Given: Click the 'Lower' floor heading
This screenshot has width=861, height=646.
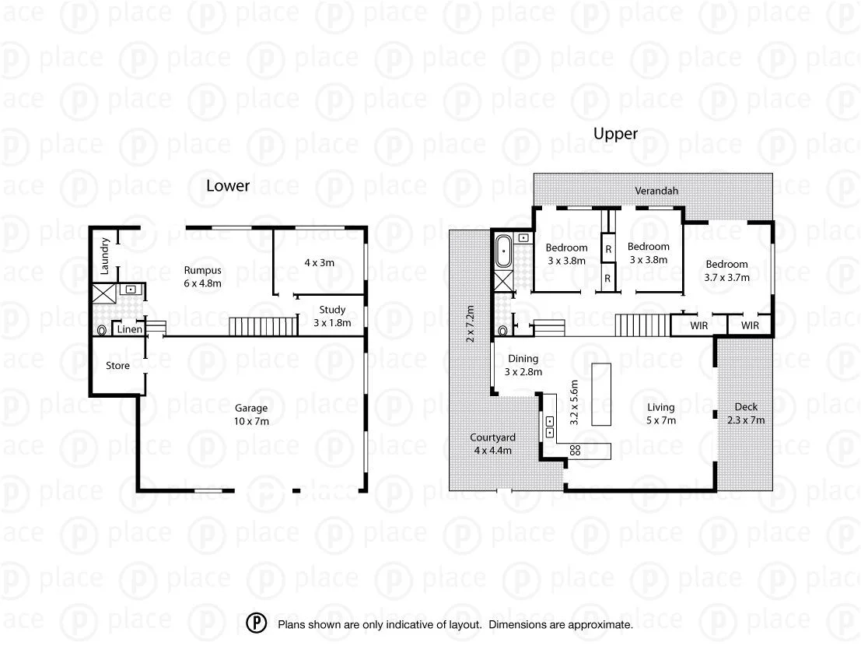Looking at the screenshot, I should coord(228,185).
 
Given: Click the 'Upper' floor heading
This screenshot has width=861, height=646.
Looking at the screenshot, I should coord(615,134).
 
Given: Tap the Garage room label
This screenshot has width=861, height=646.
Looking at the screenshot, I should coord(251,408).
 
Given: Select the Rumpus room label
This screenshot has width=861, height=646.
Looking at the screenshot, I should coord(202,270).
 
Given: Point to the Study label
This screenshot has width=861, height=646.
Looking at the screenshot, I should coord(331,311).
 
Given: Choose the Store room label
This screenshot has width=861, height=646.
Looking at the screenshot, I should coord(117,364).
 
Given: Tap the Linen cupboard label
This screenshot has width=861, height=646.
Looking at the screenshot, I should coord(130,330).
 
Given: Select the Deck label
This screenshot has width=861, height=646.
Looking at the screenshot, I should coord(745,407).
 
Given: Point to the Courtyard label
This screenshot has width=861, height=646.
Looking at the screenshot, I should coord(492,437).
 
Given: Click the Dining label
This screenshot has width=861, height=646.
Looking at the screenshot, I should coord(523,359).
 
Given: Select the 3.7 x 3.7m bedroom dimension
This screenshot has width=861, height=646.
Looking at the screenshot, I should coord(727,277).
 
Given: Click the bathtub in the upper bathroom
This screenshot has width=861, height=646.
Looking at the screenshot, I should coord(504,251).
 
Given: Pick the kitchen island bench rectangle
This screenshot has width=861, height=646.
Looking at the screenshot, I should coord(601,394).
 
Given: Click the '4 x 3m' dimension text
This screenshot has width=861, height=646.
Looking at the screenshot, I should coord(319,262).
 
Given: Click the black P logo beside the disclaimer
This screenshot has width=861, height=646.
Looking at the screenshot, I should coord(257,623).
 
